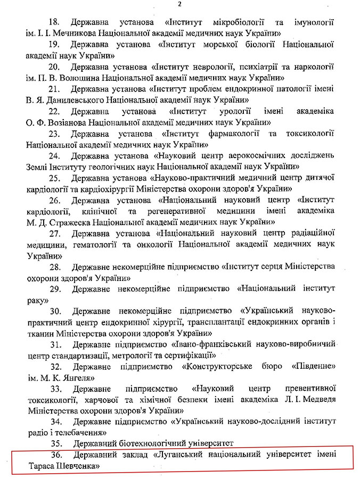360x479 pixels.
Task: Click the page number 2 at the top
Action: coord(180,5)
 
